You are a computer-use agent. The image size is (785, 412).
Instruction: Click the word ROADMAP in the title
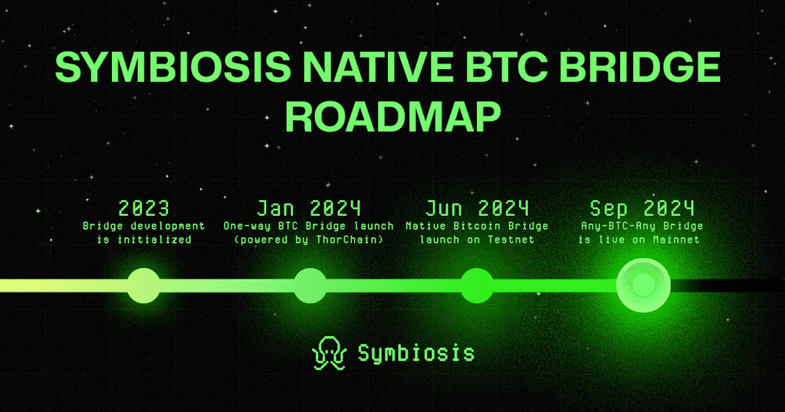click(392, 116)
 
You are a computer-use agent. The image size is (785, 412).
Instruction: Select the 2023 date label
click(144, 208)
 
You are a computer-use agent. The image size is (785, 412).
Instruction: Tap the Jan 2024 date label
click(309, 208)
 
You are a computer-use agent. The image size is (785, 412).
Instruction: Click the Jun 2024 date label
click(477, 208)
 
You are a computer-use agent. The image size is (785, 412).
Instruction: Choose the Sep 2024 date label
click(642, 208)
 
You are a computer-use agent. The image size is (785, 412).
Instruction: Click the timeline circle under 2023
click(143, 286)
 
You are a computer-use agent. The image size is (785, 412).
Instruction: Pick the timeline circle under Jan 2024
click(310, 286)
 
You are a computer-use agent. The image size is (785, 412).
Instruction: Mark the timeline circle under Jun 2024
click(476, 286)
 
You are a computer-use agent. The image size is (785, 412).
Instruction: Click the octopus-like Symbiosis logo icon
click(328, 353)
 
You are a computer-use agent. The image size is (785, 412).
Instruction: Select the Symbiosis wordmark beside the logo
click(416, 354)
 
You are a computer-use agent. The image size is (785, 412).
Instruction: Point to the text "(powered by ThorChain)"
click(309, 240)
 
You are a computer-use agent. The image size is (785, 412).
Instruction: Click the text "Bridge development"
click(144, 226)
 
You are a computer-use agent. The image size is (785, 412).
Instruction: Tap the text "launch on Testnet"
click(477, 240)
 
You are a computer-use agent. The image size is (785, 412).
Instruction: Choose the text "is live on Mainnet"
click(642, 240)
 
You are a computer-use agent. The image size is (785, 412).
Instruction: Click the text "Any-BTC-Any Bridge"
click(642, 226)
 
